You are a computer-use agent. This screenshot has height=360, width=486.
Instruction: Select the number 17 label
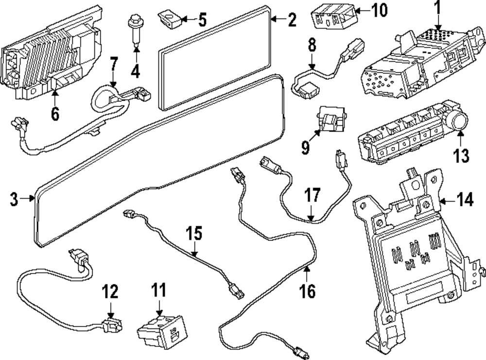point(312,196)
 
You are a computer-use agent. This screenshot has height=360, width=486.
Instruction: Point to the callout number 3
point(14,198)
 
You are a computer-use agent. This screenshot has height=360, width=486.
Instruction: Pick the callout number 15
point(194,234)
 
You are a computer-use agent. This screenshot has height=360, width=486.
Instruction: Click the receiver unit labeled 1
point(413,63)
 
